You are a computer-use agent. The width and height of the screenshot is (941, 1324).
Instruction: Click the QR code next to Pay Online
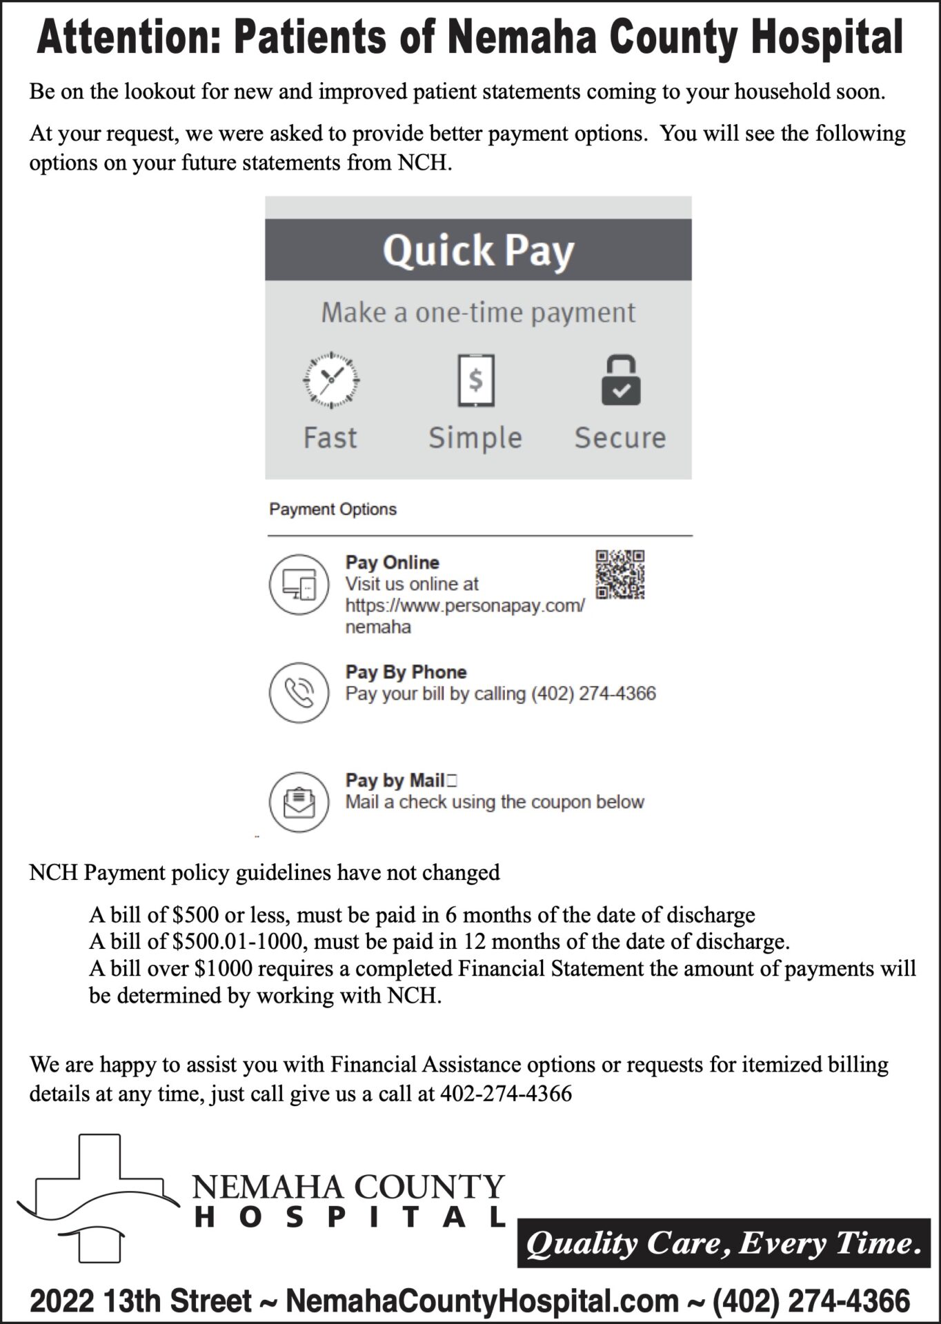(x=620, y=574)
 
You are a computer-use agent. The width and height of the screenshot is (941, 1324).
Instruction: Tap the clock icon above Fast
(x=331, y=380)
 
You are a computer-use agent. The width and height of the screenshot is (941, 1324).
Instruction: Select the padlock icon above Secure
(x=620, y=380)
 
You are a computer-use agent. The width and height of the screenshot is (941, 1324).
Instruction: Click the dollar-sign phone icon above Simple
(x=476, y=380)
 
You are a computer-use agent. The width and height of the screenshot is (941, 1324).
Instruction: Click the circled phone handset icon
(x=298, y=692)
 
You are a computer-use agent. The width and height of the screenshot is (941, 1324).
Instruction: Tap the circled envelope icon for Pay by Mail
(x=298, y=801)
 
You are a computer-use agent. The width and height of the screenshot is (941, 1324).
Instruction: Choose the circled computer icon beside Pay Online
(x=298, y=584)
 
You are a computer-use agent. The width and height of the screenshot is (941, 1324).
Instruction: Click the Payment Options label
(x=333, y=509)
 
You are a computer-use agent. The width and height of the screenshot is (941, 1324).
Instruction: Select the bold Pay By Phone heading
(x=406, y=672)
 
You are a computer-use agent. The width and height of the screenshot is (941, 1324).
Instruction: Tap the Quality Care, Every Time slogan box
(x=723, y=1243)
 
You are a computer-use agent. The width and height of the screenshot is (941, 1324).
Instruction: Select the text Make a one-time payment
(x=478, y=312)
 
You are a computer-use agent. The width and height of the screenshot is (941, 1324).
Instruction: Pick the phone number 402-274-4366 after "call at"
(x=506, y=1094)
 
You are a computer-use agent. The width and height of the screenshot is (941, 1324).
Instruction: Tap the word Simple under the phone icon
(x=475, y=438)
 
